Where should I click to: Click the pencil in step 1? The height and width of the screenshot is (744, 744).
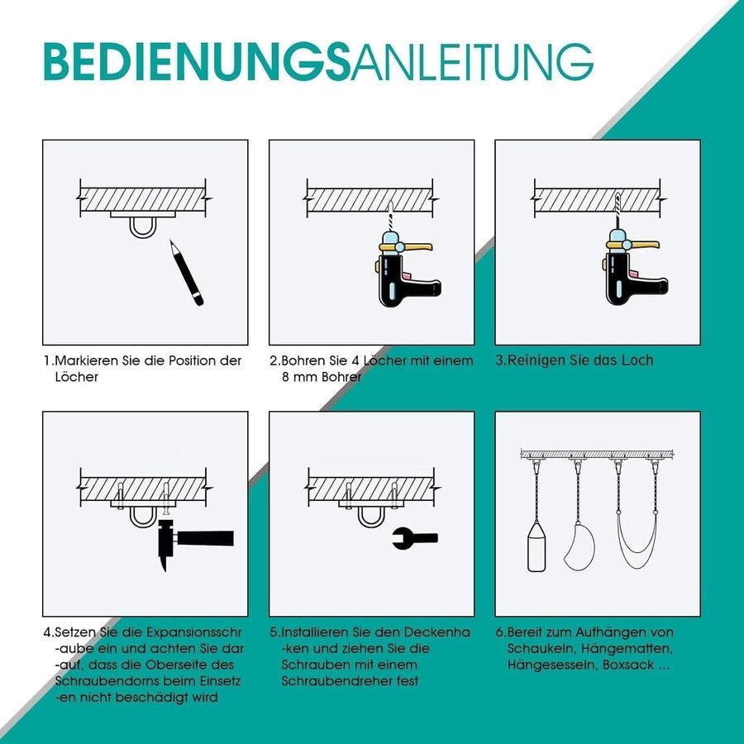point(187,273)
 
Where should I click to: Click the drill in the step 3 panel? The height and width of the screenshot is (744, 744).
point(634,269)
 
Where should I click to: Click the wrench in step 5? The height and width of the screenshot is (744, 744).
point(415,538)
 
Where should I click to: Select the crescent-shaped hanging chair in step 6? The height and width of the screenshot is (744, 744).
point(579,546)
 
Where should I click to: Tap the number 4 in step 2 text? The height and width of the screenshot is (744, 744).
point(355,360)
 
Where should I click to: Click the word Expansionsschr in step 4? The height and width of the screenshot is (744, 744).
point(193,632)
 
